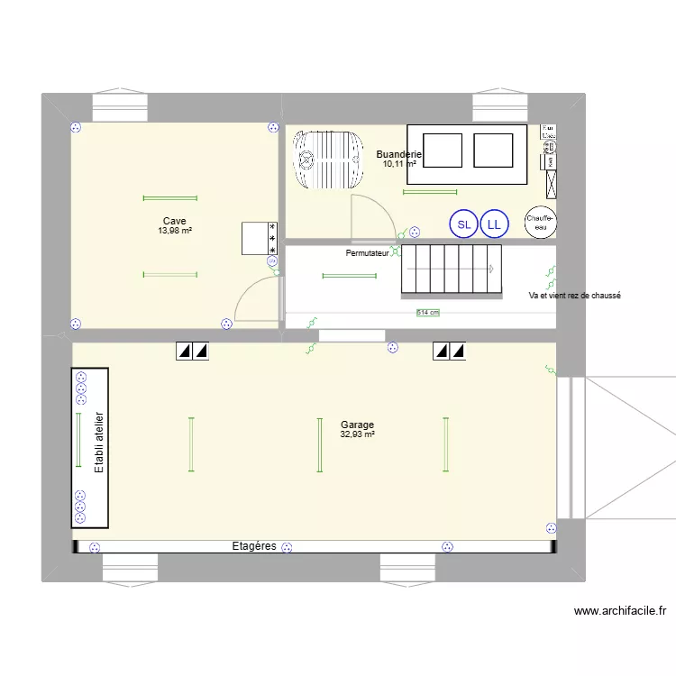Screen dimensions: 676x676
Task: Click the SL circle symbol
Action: click(463, 224)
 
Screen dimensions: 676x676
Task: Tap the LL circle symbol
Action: click(493, 224)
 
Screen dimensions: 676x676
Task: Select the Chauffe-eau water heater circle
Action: click(541, 223)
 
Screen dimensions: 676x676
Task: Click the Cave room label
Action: click(175, 221)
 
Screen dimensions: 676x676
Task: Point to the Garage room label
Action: click(357, 425)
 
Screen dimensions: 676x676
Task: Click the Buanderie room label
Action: click(399, 154)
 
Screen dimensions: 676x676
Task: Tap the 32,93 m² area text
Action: click(357, 434)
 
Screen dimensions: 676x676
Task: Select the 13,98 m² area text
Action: click(175, 231)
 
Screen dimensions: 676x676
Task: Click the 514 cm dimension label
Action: click(428, 313)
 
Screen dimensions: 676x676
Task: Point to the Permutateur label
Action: click(368, 253)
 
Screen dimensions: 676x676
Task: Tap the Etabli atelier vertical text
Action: click(99, 443)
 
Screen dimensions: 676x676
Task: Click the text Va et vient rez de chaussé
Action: click(575, 296)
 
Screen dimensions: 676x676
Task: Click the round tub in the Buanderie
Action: click(330, 160)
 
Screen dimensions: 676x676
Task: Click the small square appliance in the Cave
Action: click(259, 239)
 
